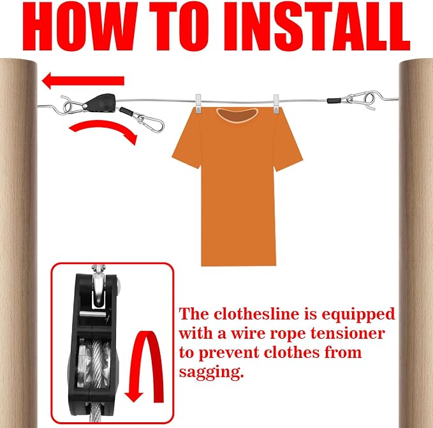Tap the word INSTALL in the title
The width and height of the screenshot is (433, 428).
click(316, 26)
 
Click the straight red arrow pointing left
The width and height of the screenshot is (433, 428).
click(83, 80)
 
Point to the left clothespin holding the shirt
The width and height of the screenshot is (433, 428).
click(198, 103)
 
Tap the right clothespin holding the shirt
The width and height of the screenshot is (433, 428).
click(276, 104)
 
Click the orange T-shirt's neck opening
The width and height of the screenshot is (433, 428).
click(237, 115)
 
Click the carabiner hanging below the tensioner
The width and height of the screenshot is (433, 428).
click(150, 123)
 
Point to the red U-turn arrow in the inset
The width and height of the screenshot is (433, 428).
click(145, 366)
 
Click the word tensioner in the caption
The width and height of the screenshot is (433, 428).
click(348, 334)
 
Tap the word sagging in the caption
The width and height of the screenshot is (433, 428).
click(211, 373)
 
